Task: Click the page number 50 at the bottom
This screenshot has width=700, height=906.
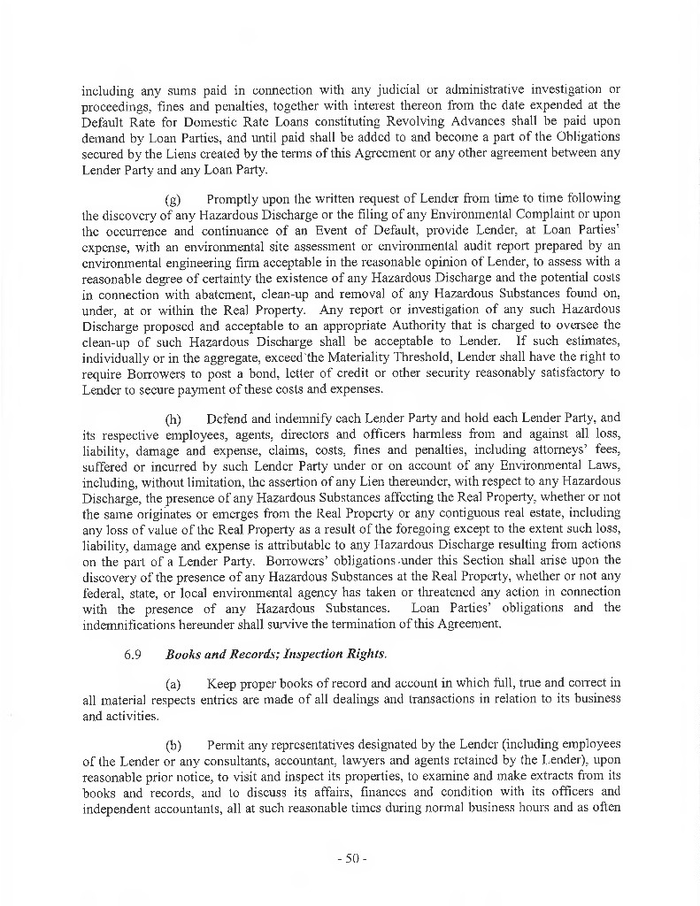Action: pos(350,858)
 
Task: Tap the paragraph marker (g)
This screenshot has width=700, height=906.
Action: pos(175,197)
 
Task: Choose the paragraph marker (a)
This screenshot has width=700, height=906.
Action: pos(175,684)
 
